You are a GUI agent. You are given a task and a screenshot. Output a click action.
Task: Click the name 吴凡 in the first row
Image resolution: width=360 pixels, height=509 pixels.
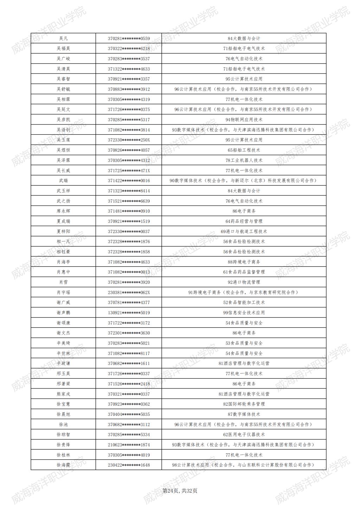click(x=63, y=38)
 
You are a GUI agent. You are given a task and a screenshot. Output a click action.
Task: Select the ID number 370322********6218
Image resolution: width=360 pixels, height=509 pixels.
click(x=129, y=49)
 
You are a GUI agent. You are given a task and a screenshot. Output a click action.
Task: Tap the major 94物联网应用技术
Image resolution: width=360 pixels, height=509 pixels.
click(x=244, y=120)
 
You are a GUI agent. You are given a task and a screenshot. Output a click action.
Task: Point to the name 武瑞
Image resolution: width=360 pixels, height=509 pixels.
click(x=63, y=181)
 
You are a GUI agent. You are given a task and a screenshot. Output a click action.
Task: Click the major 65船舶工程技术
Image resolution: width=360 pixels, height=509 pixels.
click(x=244, y=150)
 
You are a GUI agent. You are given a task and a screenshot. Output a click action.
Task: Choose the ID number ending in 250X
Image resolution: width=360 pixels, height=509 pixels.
click(x=129, y=140)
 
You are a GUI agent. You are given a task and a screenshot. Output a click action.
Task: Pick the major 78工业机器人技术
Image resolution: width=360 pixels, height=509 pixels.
click(x=244, y=160)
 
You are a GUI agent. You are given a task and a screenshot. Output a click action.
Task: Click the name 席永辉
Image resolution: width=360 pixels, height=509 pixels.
click(x=63, y=211)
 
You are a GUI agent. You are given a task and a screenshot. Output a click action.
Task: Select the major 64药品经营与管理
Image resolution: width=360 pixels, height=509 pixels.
click(x=244, y=221)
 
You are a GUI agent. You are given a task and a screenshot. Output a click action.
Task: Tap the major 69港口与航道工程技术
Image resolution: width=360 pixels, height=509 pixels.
click(x=244, y=231)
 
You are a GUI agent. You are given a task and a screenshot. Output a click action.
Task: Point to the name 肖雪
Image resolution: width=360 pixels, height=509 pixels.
click(x=63, y=282)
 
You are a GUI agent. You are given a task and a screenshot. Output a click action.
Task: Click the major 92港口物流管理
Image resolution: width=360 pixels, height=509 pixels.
click(x=244, y=282)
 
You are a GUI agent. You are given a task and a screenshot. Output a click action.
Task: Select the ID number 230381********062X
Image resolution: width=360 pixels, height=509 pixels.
click(x=129, y=292)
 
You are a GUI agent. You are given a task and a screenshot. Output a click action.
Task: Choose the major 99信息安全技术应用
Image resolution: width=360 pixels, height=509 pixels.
click(x=244, y=313)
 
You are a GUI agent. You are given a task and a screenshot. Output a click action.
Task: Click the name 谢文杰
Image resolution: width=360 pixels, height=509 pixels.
click(x=63, y=333)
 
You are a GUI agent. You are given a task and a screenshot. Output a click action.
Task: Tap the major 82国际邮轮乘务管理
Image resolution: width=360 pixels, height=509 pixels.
click(x=244, y=404)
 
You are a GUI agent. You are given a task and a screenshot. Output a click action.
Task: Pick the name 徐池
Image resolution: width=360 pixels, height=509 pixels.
click(x=63, y=425)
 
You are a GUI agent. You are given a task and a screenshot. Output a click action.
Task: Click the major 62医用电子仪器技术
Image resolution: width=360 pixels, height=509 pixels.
click(x=244, y=434)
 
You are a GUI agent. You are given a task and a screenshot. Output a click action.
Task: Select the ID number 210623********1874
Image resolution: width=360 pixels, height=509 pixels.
click(x=129, y=445)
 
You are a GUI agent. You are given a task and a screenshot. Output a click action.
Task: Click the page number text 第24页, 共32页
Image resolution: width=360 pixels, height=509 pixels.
click(x=180, y=491)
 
